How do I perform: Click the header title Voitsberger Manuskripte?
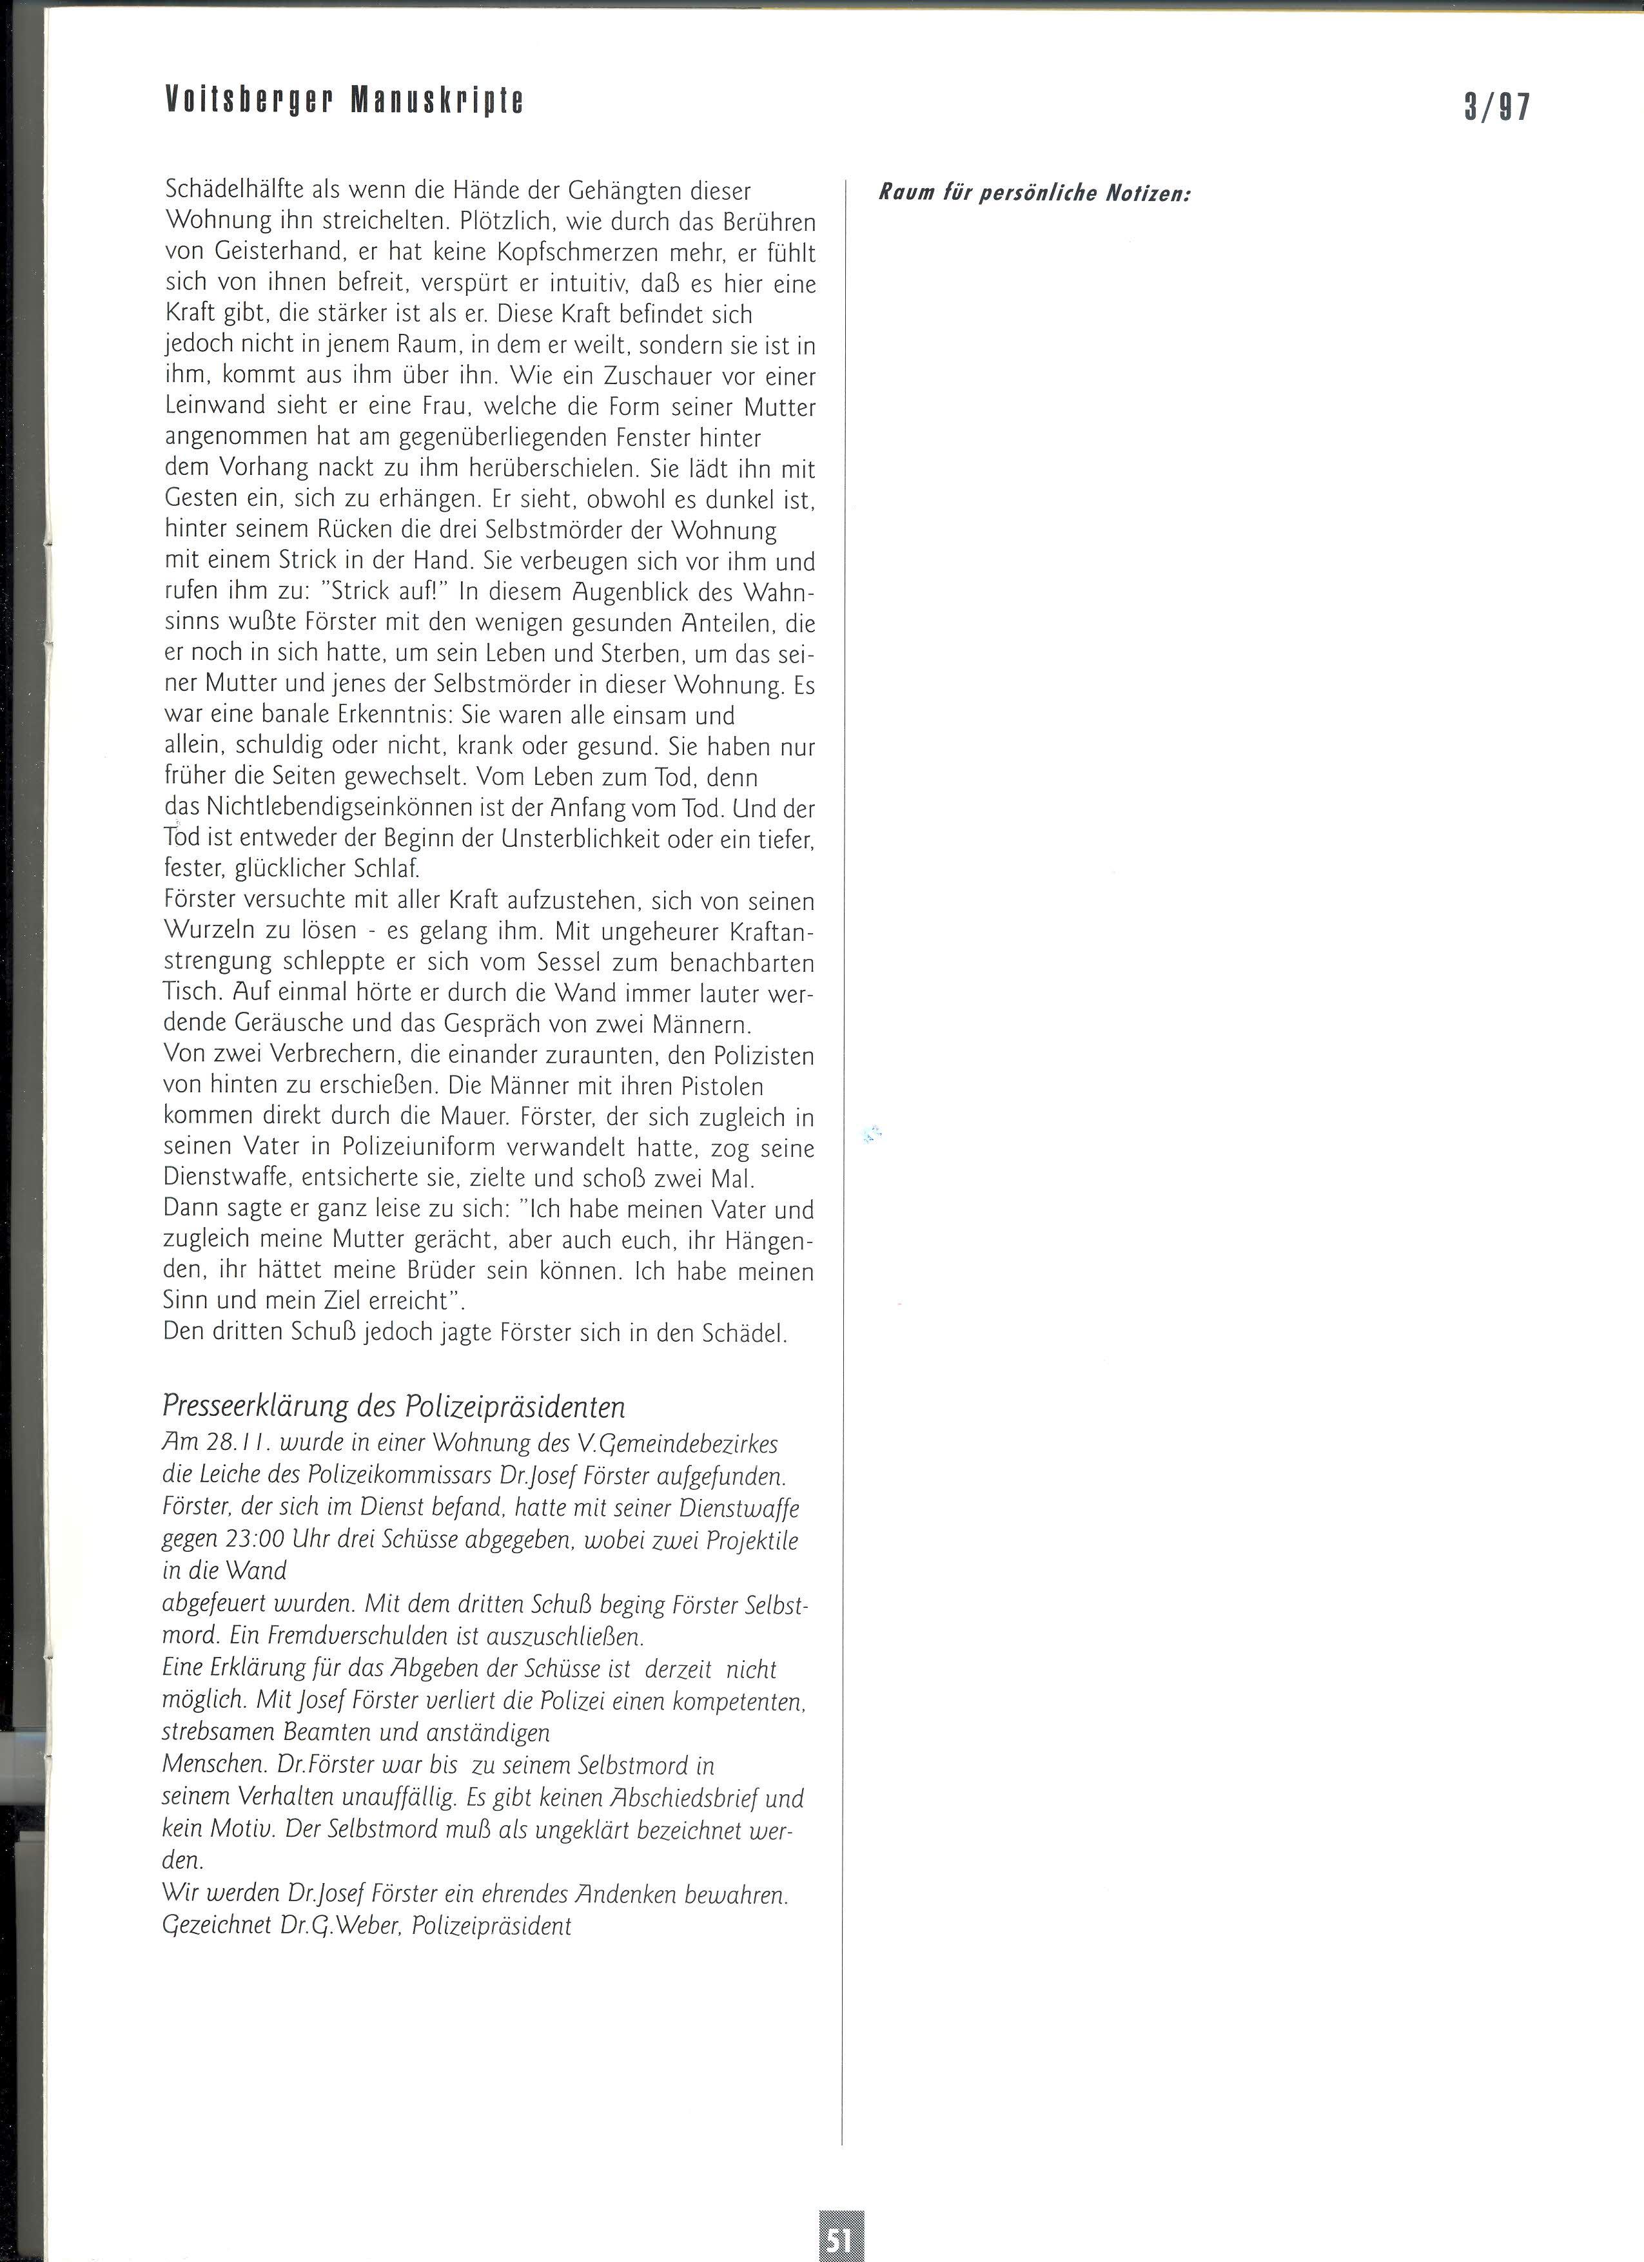pos(344,100)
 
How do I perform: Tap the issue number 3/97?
pos(1496,106)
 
